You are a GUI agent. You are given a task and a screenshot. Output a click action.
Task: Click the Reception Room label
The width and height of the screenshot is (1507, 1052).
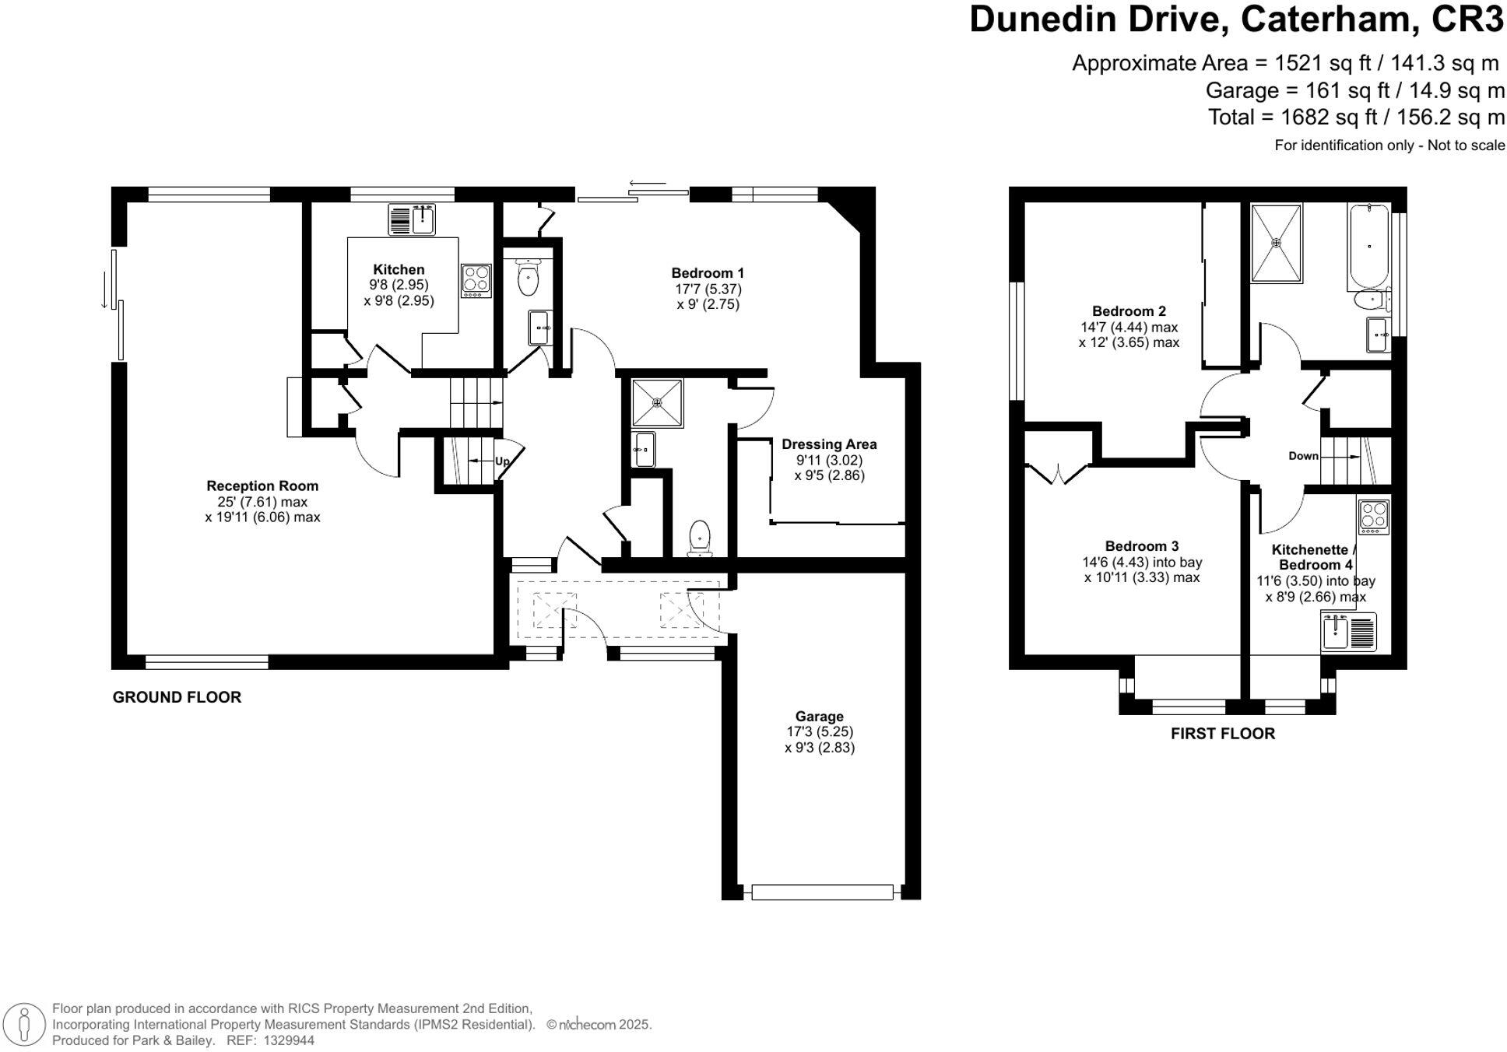click(262, 486)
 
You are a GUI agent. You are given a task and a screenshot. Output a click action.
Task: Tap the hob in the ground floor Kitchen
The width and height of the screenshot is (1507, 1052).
click(476, 280)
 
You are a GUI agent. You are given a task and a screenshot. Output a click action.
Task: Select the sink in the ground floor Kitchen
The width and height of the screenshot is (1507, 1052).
click(413, 219)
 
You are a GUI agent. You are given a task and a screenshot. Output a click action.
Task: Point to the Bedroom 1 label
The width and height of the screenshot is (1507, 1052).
click(708, 273)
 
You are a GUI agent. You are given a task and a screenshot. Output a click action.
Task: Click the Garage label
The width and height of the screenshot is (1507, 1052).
click(819, 717)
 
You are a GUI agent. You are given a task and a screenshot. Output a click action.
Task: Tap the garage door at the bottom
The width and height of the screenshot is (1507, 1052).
click(822, 892)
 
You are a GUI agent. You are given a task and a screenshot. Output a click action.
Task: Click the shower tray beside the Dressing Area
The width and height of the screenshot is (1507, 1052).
click(657, 402)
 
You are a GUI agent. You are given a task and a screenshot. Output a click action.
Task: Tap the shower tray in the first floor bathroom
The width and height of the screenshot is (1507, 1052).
click(1276, 243)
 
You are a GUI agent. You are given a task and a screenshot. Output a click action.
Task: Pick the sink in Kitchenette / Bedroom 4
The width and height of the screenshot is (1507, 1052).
click(1349, 631)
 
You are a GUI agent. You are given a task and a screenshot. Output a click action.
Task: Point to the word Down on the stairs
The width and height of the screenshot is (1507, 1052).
click(1303, 456)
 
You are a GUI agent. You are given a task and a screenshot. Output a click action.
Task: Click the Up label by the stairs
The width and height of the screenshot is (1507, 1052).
click(502, 461)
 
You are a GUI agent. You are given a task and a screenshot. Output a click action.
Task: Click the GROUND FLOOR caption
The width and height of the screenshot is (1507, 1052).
click(177, 697)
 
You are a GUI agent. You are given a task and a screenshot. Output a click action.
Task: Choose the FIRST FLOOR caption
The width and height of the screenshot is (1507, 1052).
click(1222, 734)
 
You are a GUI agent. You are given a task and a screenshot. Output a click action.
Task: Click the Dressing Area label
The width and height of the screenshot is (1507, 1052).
click(829, 444)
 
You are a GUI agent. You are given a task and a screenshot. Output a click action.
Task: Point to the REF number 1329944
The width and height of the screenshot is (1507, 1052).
click(289, 1040)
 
